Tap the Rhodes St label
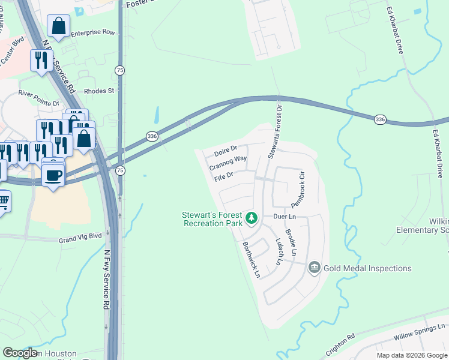pyautogui.click(x=99, y=91)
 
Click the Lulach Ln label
pyautogui.click(x=279, y=252)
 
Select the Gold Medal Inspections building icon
pyautogui.click(x=314, y=268)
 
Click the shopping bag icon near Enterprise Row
pyautogui.click(x=58, y=26)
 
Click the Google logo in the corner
pyautogui.click(x=20, y=353)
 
